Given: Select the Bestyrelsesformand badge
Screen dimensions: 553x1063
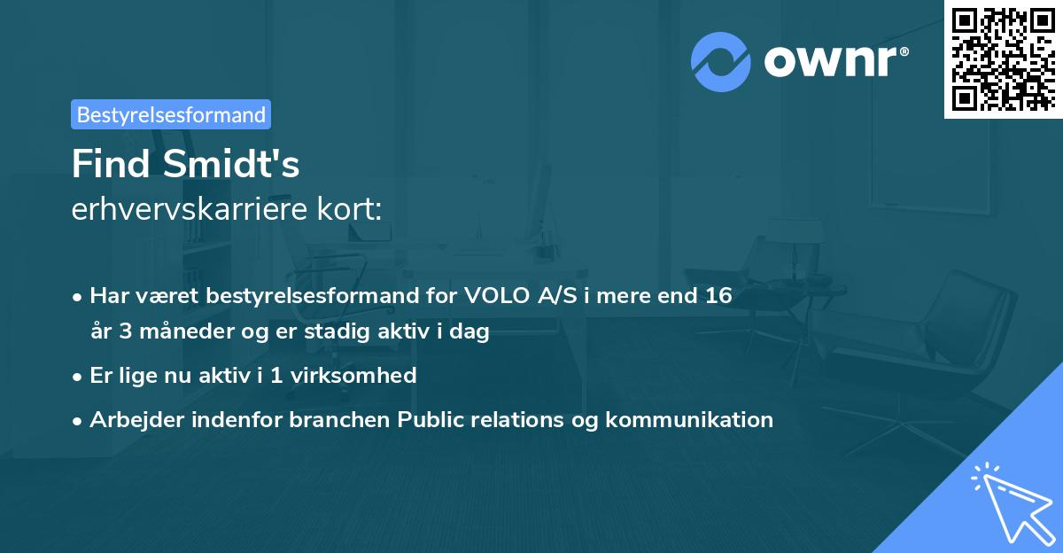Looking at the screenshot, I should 171,114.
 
